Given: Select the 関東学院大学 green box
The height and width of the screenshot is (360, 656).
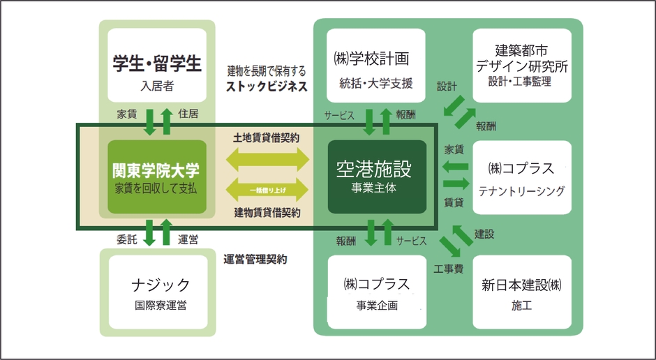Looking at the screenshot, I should click(x=157, y=177).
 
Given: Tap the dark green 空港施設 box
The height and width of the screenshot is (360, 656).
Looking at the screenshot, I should click(x=377, y=177).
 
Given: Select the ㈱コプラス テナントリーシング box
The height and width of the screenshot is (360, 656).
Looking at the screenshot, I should click(x=521, y=177).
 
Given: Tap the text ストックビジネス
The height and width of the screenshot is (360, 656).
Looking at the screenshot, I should click(x=266, y=87).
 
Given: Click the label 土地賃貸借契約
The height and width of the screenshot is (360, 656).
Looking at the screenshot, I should click(x=266, y=138).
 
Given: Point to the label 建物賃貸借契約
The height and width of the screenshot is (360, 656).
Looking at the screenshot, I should click(x=266, y=213).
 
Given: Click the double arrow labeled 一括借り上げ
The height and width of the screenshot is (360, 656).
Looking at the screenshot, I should click(x=266, y=190).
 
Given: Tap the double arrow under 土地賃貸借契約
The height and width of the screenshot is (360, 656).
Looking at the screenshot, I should click(x=266, y=159).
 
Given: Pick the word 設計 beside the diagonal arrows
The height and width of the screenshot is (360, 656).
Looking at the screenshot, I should click(x=447, y=87).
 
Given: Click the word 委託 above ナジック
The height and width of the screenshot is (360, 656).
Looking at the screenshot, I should click(x=126, y=239).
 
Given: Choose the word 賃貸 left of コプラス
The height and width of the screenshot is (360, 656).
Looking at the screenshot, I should click(x=454, y=202).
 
